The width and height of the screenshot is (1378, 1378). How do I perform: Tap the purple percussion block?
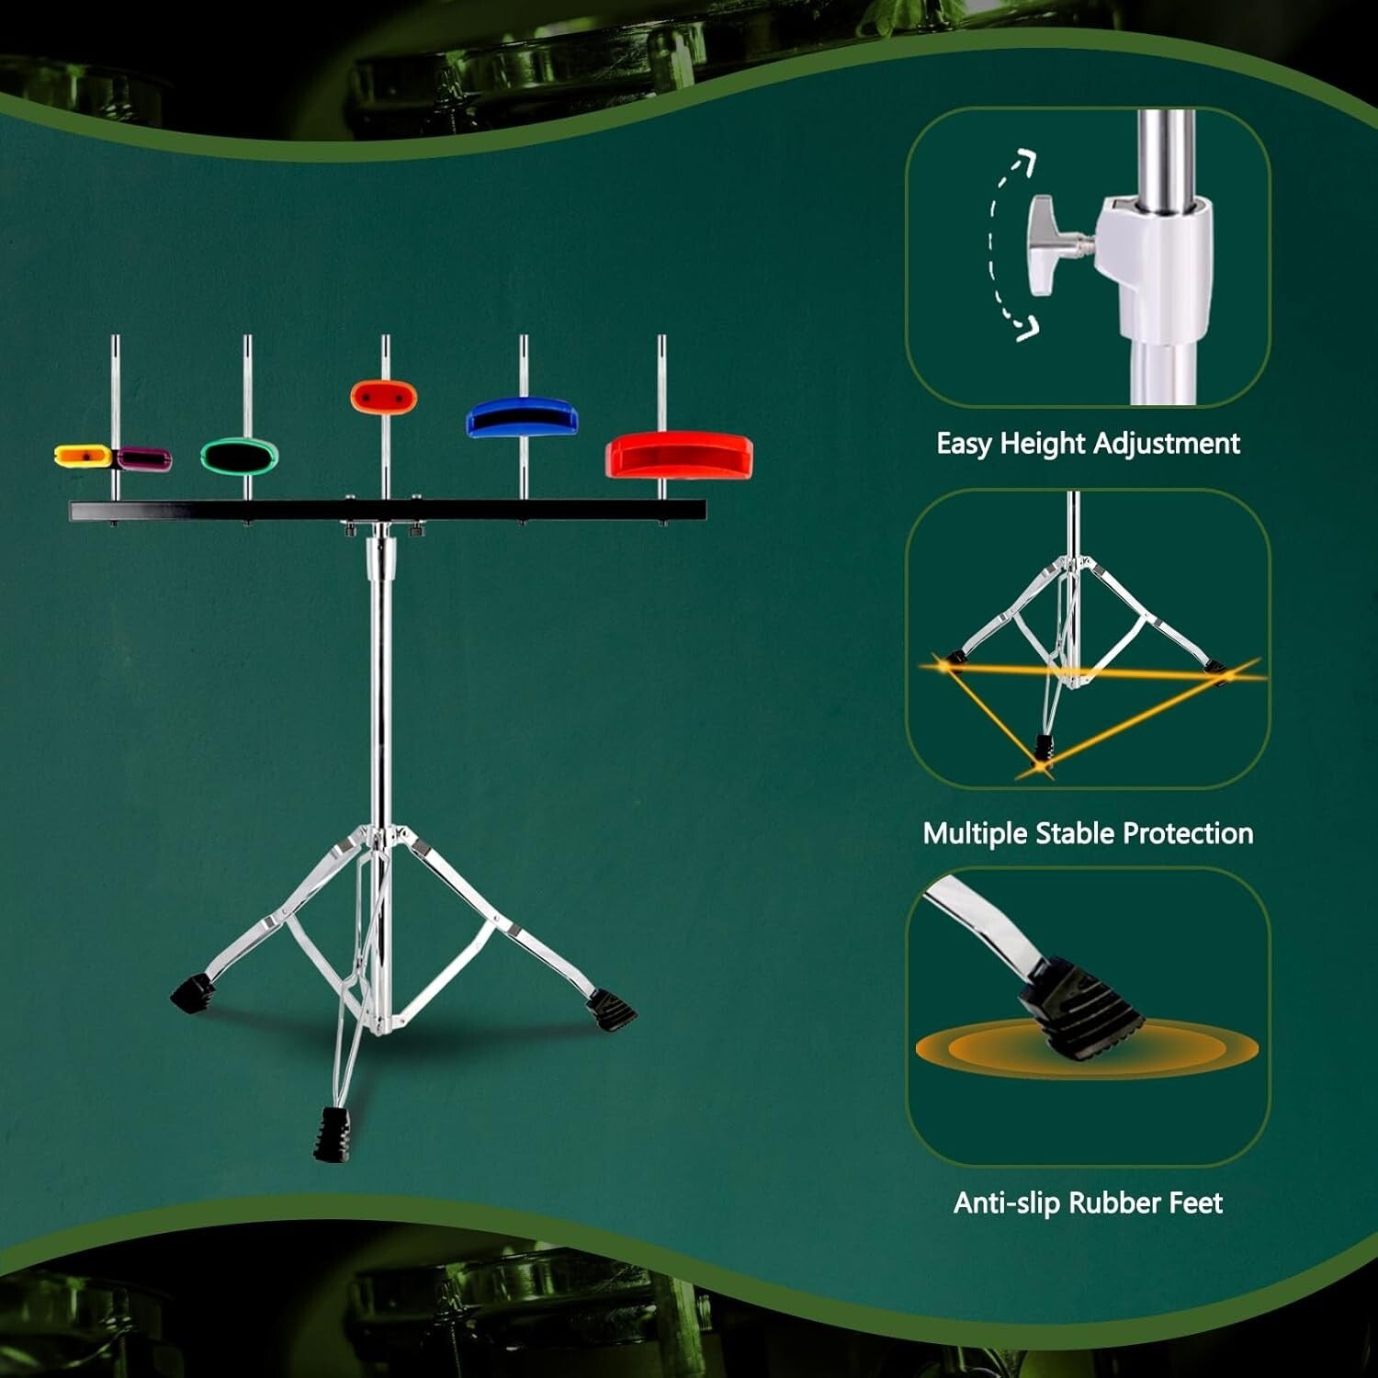click(145, 457)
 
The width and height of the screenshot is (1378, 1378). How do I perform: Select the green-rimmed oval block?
click(240, 456)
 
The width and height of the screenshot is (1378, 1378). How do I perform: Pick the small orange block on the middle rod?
click(384, 398)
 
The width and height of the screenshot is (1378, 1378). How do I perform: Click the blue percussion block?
click(522, 418)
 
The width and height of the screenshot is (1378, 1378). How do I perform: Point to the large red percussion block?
click(679, 455)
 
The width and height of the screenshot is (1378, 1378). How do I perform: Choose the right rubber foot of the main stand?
click(613, 1010)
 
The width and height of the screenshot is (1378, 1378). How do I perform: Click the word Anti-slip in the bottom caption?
click(1007, 1203)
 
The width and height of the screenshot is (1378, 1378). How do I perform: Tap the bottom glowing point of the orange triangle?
click(1041, 764)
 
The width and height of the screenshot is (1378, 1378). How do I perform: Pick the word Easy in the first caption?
click(964, 444)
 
